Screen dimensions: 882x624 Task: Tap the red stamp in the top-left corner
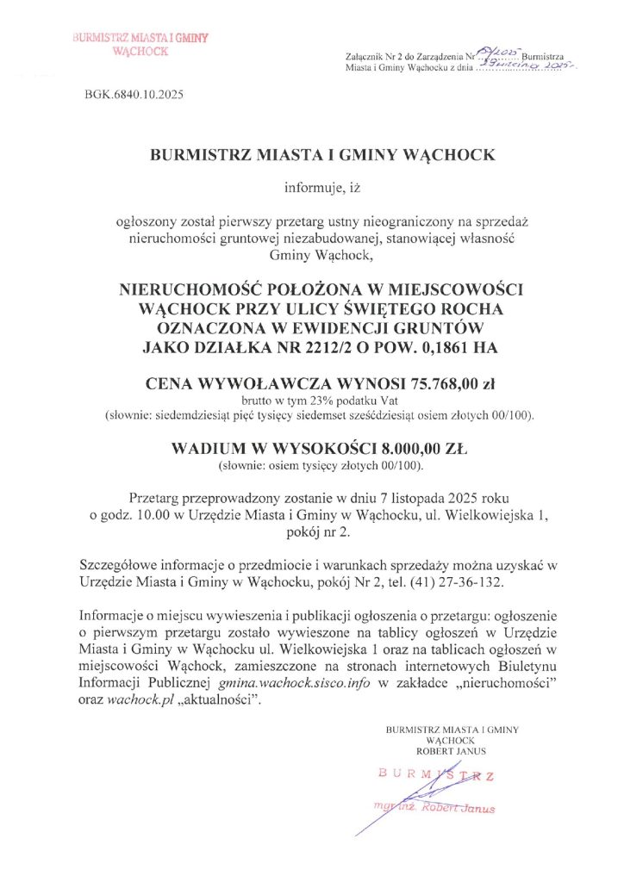141,45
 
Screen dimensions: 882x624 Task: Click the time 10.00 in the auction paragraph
153,516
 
